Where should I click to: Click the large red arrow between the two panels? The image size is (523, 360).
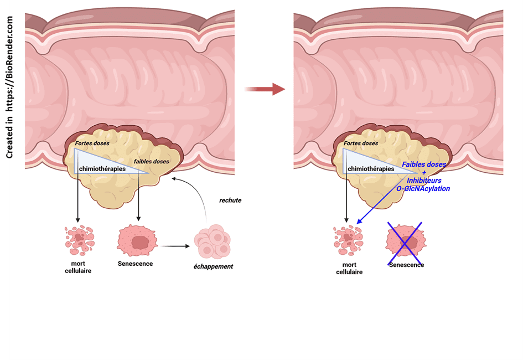coord(264,89)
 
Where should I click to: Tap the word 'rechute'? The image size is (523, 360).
coord(230,200)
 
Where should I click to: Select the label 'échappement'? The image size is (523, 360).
coord(214,266)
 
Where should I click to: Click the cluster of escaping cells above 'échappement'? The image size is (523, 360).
coord(213,242)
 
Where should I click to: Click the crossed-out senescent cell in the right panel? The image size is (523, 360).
coord(405,243)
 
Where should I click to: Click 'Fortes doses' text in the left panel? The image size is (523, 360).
coord(92,143)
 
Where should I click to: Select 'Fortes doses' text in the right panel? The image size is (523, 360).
coord(361,143)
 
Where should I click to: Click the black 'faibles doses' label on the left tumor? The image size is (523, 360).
coord(152,161)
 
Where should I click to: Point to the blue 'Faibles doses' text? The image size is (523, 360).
coord(423,164)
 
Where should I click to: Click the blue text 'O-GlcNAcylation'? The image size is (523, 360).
coord(423,188)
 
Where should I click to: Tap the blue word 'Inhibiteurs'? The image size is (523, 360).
coord(424,181)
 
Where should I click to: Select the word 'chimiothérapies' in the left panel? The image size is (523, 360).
coord(102,169)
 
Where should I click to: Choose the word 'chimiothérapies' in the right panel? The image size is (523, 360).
coord(370,169)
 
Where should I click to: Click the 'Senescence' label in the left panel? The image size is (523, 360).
coord(135,264)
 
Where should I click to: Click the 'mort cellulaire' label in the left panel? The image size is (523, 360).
coord(78,267)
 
